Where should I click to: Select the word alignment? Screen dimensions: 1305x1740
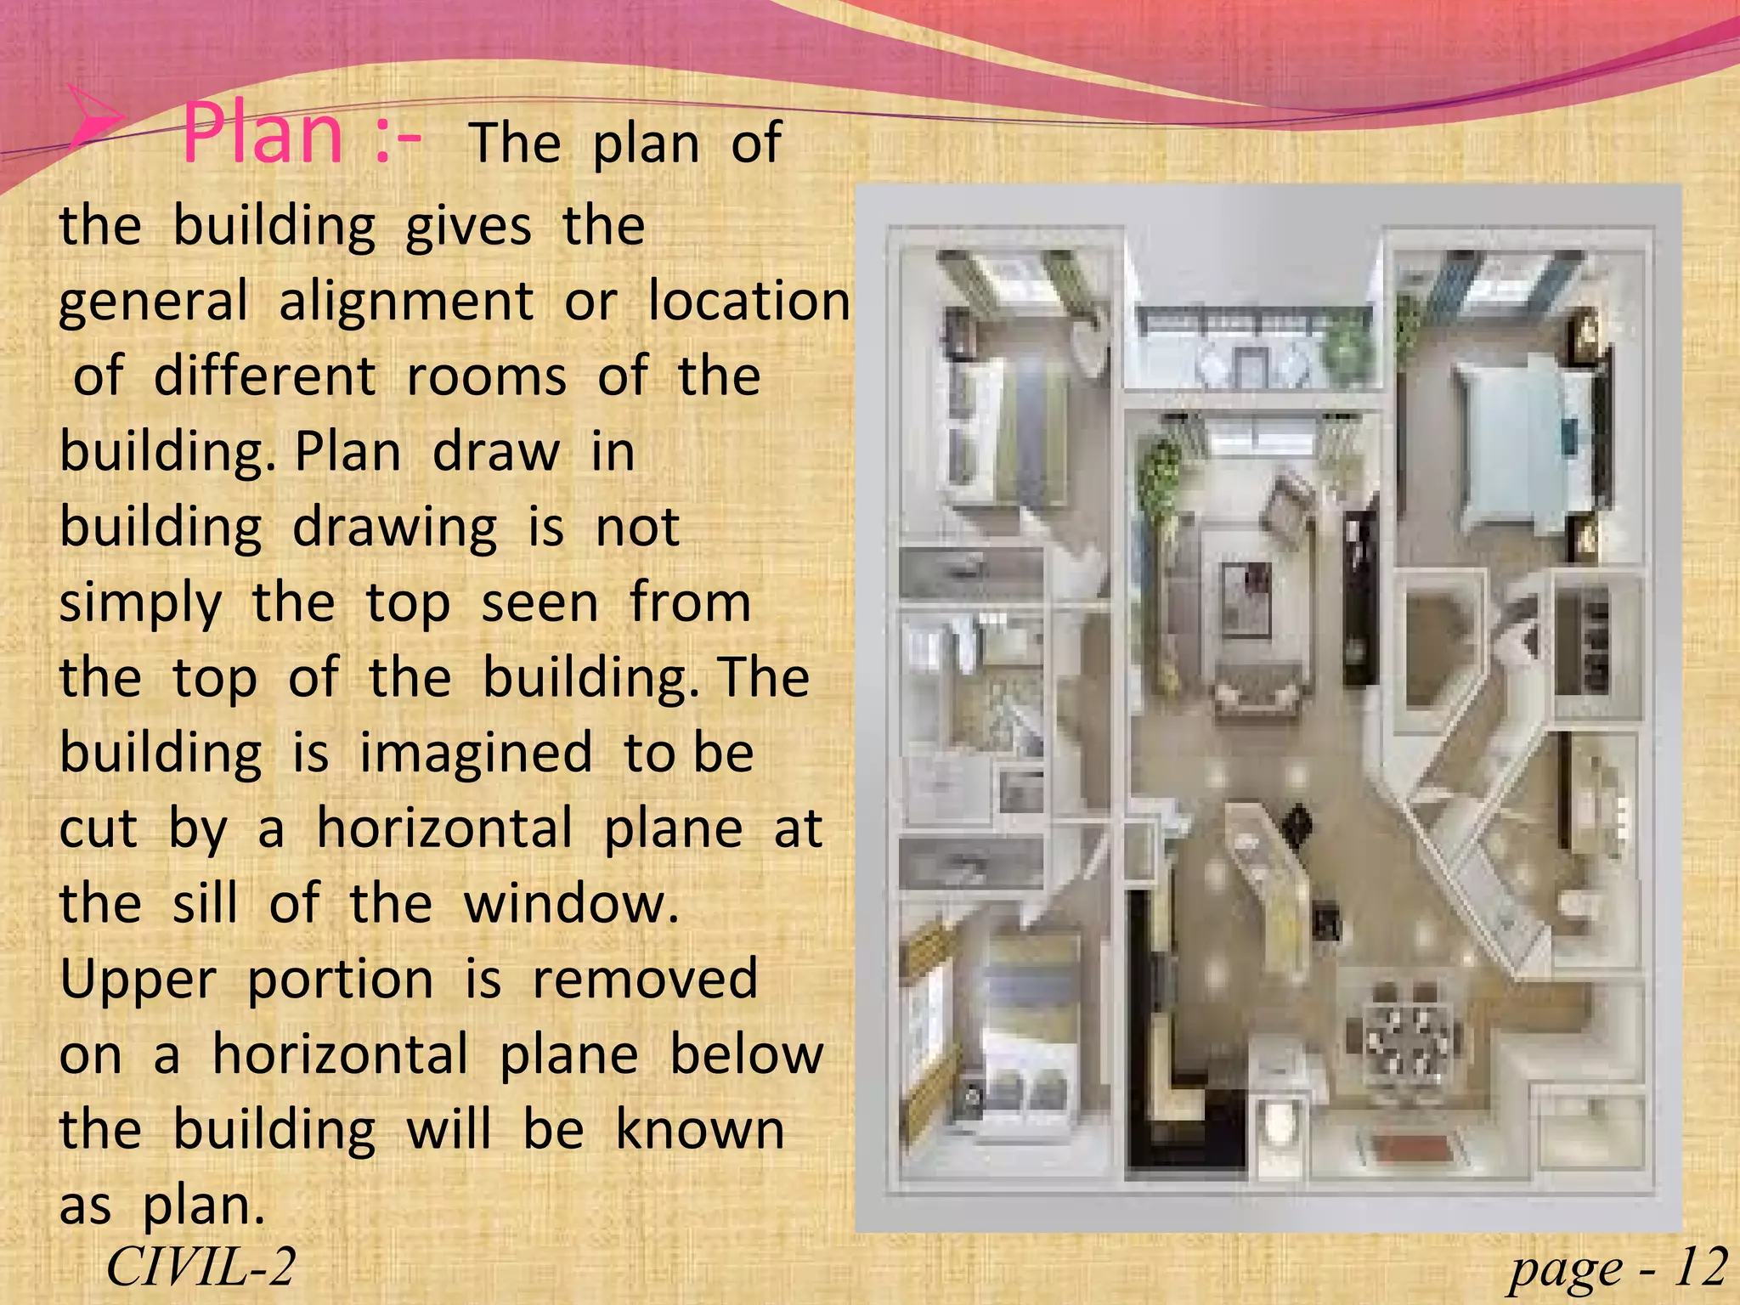(x=406, y=302)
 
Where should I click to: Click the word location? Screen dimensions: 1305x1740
(x=749, y=301)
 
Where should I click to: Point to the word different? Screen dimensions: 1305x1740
(x=264, y=376)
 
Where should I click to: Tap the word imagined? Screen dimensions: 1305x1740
(x=475, y=754)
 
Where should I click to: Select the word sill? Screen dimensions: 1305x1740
(x=205, y=903)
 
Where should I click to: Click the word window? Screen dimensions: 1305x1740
(x=570, y=903)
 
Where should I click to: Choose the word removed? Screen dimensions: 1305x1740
(x=645, y=979)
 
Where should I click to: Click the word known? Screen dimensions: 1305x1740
(x=700, y=1130)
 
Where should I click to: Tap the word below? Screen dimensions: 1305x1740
(x=747, y=1054)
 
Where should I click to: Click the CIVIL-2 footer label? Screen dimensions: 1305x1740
(x=201, y=1268)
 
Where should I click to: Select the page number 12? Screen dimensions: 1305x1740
(x=1700, y=1268)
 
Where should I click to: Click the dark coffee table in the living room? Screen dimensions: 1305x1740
(x=1246, y=600)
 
